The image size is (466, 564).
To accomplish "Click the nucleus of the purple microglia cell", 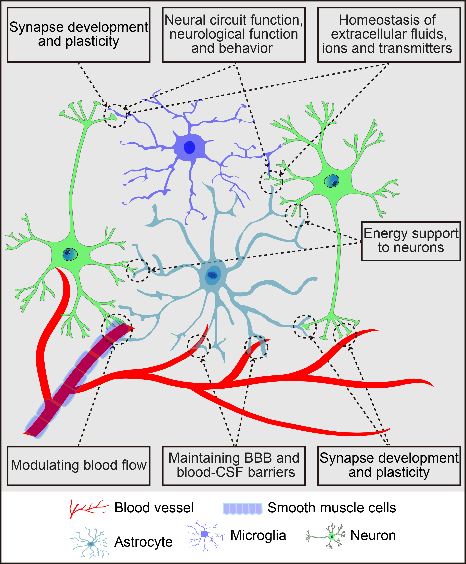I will (189, 147).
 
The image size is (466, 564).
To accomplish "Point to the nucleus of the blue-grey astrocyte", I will (213, 275).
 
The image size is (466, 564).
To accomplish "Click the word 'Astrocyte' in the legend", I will (143, 542).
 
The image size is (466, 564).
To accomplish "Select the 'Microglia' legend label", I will (258, 535).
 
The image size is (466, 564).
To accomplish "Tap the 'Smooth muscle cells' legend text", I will (332, 508).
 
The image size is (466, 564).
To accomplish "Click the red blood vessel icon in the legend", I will (89, 508).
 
